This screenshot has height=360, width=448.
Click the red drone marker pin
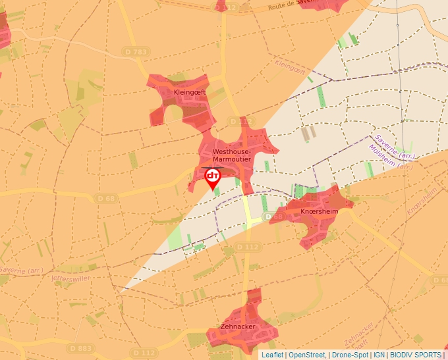coord(213,178)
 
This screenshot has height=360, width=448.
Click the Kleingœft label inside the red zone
coord(190,93)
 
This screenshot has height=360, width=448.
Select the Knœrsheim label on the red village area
coord(319,211)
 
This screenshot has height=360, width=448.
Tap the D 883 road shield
coord(80,348)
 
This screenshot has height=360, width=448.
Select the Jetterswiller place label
coord(70,278)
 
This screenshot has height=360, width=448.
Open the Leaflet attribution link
coord(272,355)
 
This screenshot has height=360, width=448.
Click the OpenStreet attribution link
coord(307,355)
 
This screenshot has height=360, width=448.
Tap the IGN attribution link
coord(379,355)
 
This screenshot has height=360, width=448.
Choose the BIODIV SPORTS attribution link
coord(416,355)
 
